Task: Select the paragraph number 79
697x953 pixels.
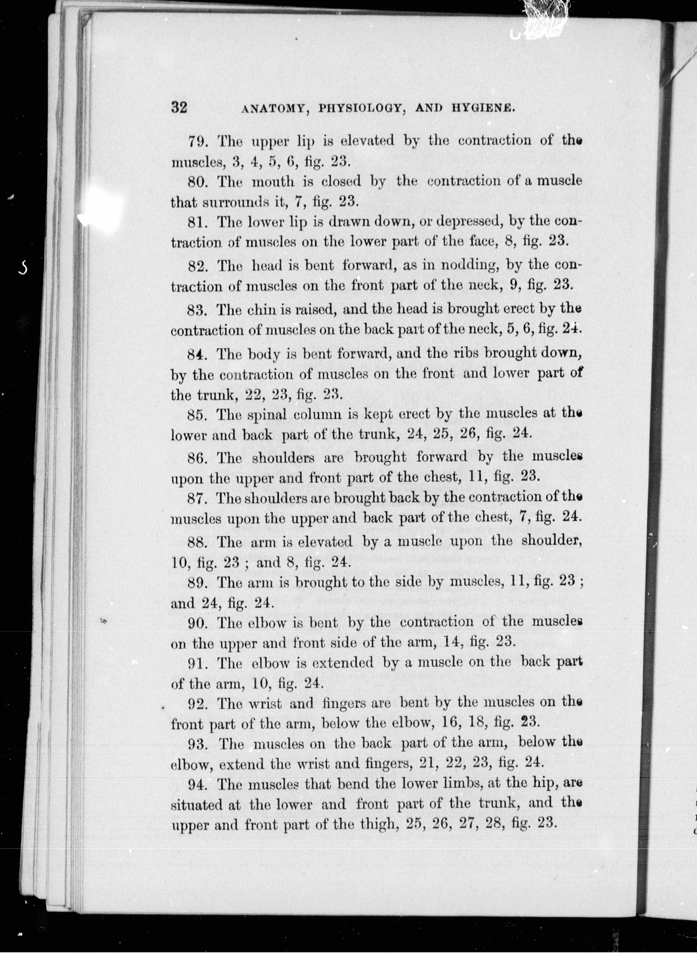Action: click(x=197, y=141)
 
